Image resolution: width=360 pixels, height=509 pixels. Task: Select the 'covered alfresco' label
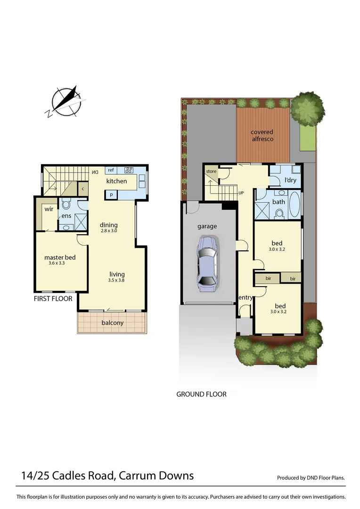tap(262, 136)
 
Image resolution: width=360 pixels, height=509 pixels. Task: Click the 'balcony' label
tap(112, 323)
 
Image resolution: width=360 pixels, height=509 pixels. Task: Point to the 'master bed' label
tap(60, 257)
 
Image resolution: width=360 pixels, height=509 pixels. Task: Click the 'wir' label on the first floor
tap(49, 209)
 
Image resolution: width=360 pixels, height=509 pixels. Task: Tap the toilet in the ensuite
tap(66, 205)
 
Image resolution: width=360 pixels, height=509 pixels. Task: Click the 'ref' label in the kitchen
tap(111, 170)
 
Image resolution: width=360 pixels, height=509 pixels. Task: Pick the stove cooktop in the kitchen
tap(129, 170)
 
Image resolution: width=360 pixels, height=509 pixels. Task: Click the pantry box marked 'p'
tap(111, 194)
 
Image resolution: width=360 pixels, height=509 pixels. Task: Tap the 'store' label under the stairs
tap(211, 171)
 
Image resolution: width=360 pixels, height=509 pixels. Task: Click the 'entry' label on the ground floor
tap(245, 297)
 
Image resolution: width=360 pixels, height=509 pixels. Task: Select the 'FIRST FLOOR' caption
tap(53, 299)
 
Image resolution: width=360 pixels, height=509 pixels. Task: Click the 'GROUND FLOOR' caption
tap(201, 394)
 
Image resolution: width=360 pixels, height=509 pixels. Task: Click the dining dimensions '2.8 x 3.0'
tap(108, 231)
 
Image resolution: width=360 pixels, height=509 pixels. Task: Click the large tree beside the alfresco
tap(308, 108)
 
